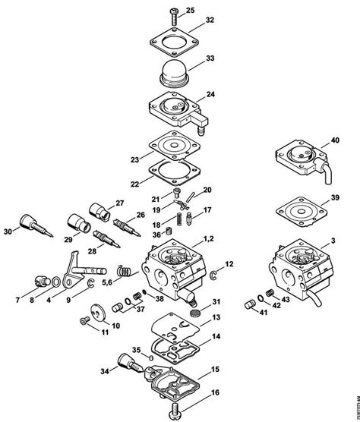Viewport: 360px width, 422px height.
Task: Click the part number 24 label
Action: coord(211,95)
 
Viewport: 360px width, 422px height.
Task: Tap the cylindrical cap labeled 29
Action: coord(78,223)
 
